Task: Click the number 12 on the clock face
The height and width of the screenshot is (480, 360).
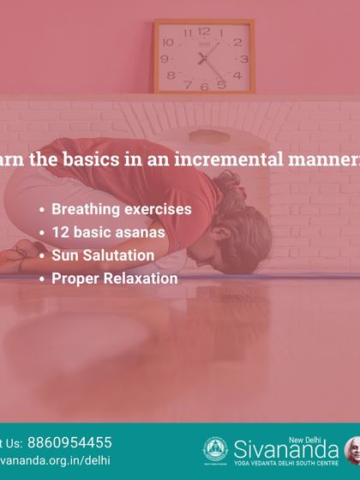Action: point(204,31)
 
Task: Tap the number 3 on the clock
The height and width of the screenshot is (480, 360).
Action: point(243,59)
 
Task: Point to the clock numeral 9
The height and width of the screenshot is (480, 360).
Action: point(166,58)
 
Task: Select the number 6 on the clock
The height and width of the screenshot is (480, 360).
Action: point(204,87)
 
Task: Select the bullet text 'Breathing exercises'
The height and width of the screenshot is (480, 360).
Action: point(121,208)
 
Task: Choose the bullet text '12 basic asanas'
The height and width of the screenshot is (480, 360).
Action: point(108,231)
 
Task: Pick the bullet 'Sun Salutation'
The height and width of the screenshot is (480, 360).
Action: point(103,255)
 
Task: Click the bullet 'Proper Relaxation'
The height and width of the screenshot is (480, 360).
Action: point(114,278)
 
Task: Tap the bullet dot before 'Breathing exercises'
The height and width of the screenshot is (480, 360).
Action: point(42,209)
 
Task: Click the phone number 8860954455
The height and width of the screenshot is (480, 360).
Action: point(69,442)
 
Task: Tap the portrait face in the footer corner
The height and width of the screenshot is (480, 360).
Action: point(352,449)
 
